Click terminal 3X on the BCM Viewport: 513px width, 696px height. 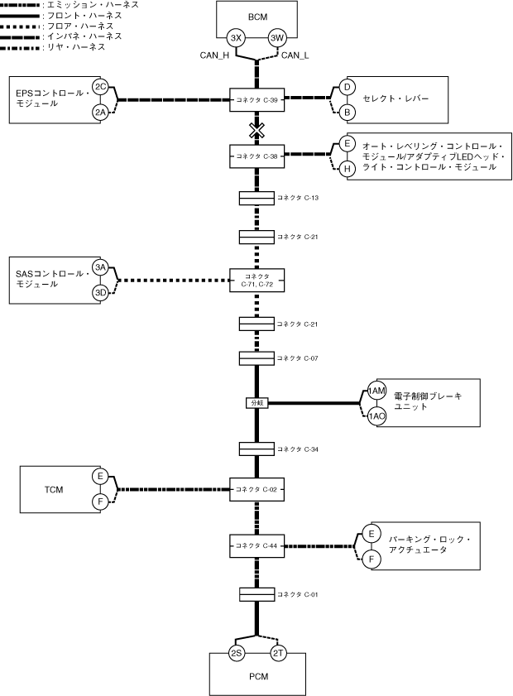[x=236, y=38]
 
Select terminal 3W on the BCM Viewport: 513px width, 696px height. [x=277, y=38]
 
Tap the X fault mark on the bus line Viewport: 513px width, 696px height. [x=256, y=131]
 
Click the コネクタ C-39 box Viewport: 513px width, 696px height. [x=257, y=100]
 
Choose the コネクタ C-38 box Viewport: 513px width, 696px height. [x=257, y=156]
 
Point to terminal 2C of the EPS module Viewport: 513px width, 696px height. [x=101, y=87]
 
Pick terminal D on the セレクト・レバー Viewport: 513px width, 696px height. [x=347, y=87]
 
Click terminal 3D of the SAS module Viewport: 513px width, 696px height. [x=101, y=293]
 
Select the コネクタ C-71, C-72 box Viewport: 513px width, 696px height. [x=257, y=280]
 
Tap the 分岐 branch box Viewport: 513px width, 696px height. [x=257, y=403]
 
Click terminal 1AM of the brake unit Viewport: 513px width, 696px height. [x=376, y=391]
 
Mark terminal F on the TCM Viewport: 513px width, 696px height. [x=100, y=502]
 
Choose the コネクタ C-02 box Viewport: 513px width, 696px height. [x=257, y=490]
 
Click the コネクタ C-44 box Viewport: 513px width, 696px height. [x=257, y=545]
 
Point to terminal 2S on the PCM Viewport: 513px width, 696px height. [x=236, y=653]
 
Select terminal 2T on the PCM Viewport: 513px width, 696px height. [x=278, y=653]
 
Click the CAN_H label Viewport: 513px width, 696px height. [x=214, y=55]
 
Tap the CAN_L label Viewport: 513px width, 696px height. [x=295, y=55]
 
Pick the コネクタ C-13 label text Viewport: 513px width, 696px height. [x=298, y=198]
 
